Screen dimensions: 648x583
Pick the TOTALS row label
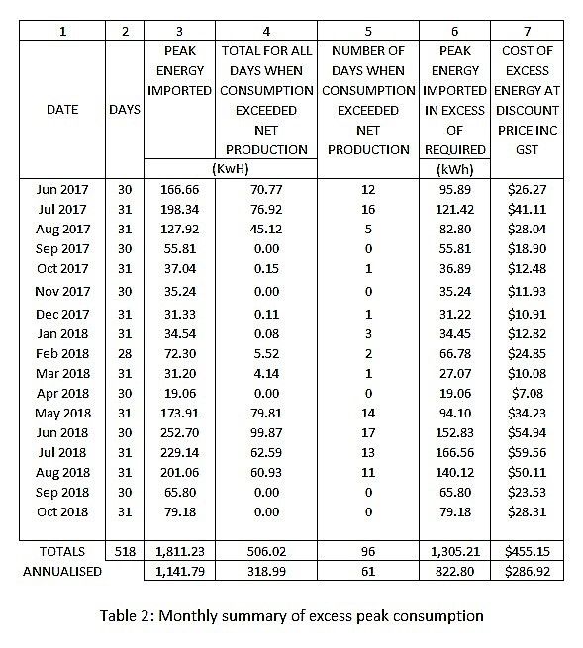pos(61,551)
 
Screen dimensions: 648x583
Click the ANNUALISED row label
pos(61,571)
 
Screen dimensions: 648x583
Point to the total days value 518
pos(124,551)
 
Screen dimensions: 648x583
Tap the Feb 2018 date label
pos(61,352)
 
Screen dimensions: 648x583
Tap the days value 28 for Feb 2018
pos(124,352)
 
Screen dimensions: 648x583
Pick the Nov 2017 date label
pos(61,291)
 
